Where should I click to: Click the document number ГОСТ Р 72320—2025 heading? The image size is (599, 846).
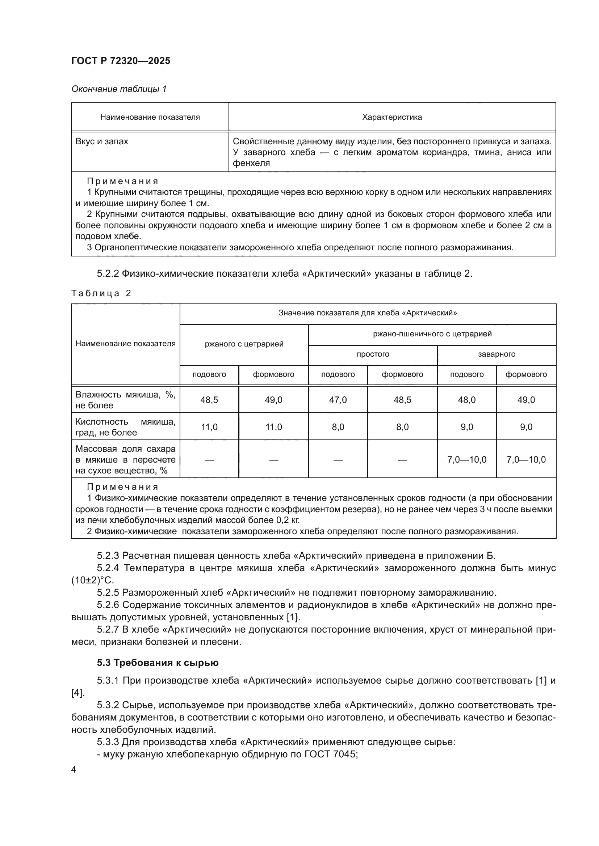pos(121,61)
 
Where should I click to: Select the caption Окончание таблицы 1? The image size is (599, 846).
pos(119,89)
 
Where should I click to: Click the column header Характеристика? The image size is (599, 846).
pos(392,117)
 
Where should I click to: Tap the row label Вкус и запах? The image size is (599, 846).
pos(102,141)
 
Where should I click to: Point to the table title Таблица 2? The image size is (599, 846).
pos(101,293)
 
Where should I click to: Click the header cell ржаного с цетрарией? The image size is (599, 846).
pos(244,344)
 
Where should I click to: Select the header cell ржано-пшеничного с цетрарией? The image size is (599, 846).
pos(432,334)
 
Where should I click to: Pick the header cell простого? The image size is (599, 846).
pos(373,354)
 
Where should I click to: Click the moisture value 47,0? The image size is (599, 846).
pos(338,400)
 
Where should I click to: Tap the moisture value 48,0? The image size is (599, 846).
pos(466,400)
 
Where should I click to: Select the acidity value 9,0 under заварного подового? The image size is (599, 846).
pos(466,427)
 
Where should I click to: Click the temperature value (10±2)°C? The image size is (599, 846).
pos(93,580)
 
